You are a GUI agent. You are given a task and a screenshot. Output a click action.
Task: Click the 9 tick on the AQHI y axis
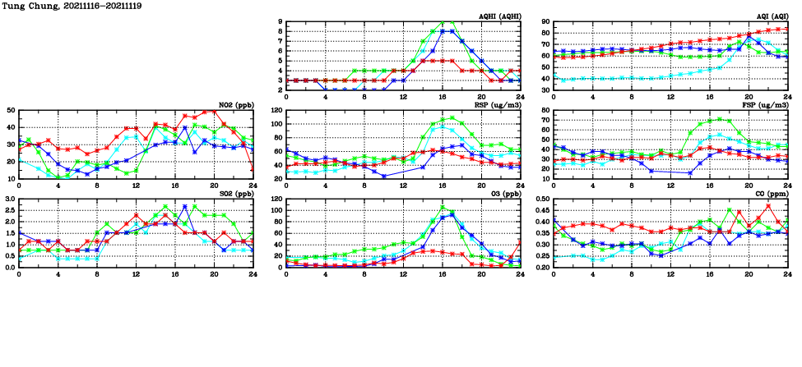click(x=280, y=22)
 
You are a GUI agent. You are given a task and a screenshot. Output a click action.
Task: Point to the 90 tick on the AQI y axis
click(x=545, y=22)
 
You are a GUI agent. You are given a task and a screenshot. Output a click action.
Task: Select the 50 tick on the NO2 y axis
click(x=11, y=110)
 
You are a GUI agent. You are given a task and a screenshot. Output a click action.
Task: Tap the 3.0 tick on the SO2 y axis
click(x=9, y=199)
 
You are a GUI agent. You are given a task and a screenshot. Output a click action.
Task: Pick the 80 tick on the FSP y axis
click(x=545, y=110)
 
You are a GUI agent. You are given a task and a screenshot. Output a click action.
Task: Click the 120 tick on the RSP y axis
click(x=276, y=110)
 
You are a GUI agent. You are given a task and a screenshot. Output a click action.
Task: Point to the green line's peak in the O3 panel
click(x=443, y=207)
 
